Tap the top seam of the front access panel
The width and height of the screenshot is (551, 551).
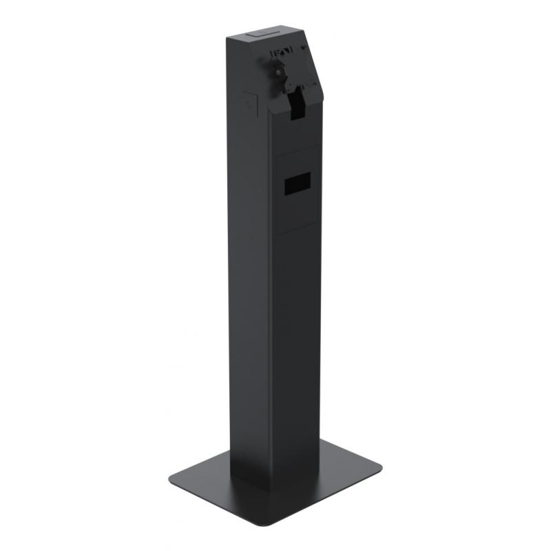(298, 149)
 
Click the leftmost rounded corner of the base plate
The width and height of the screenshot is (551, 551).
(171, 477)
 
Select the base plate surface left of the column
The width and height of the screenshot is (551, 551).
(207, 475)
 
